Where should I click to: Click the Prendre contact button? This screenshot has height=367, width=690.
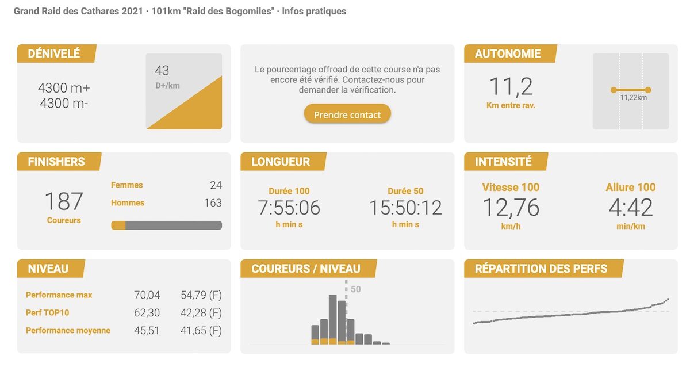point(347,114)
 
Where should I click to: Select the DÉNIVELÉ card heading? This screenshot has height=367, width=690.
point(54,53)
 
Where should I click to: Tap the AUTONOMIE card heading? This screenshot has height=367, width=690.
point(508,53)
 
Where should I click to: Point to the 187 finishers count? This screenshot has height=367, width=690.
point(64,201)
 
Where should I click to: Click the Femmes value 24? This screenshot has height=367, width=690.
point(216,185)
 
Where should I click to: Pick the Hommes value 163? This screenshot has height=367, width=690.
point(213,203)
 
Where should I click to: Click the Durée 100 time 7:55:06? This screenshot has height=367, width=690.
point(289,208)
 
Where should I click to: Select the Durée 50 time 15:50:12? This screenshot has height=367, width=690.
point(405,208)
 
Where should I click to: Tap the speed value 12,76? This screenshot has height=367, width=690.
point(511,208)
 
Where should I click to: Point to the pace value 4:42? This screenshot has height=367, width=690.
point(630,208)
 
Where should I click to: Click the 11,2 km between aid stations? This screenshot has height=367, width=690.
point(511,87)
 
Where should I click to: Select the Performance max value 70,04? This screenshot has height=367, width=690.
point(147,295)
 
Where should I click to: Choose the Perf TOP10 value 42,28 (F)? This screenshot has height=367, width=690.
point(201,313)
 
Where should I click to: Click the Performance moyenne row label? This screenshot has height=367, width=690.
point(68,331)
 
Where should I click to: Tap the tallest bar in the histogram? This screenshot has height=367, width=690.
point(332,319)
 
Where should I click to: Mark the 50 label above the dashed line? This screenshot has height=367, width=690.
point(356,289)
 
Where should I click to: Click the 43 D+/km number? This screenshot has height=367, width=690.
point(162,71)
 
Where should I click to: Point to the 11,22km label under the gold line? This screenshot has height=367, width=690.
point(634,98)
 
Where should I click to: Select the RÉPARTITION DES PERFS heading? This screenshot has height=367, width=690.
point(541,269)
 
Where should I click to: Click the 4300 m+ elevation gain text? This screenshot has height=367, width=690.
point(64,88)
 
